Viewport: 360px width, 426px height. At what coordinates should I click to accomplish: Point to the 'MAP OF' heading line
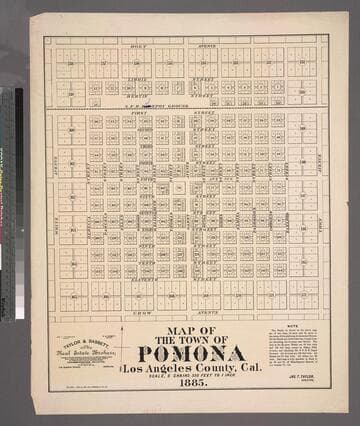tap(191, 330)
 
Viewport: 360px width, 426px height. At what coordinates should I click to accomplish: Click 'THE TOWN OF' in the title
tap(191, 340)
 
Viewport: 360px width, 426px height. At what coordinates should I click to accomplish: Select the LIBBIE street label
tap(138, 77)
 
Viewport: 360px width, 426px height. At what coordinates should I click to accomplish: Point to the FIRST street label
tap(139, 115)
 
